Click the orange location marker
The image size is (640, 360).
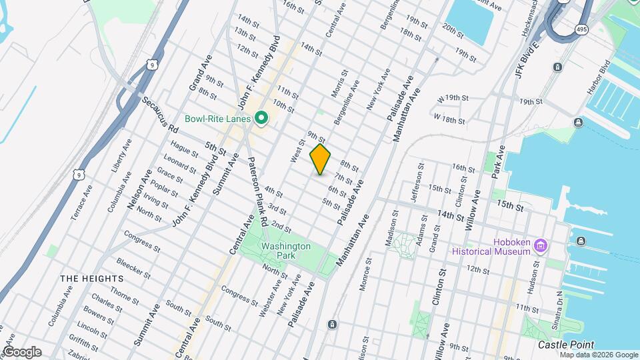[320, 159]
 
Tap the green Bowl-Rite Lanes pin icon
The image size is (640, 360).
[261, 119]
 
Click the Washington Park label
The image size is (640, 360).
[285, 251]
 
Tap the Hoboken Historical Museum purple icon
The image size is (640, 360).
[541, 246]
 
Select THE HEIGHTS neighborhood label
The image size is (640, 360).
[91, 278]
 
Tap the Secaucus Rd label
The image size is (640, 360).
[161, 114]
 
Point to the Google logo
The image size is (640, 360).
[22, 352]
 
